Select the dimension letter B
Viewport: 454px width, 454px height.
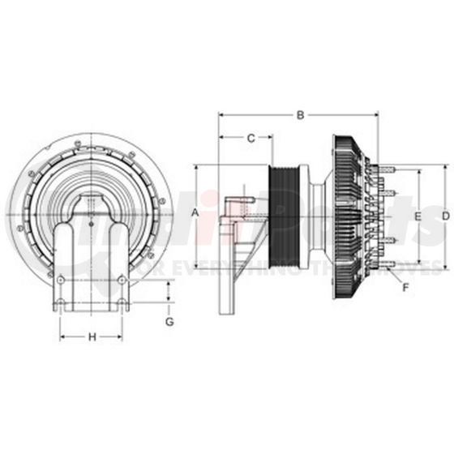(x=300, y=115)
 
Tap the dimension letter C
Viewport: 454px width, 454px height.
(x=251, y=138)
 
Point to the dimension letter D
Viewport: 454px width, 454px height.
(x=445, y=215)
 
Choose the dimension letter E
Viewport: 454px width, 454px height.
(x=418, y=216)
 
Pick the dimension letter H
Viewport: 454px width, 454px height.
(x=92, y=336)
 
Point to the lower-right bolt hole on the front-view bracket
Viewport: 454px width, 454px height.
(x=122, y=280)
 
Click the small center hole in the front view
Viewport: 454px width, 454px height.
(x=91, y=225)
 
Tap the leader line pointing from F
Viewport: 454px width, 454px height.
(x=396, y=276)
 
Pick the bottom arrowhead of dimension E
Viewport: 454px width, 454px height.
(x=418, y=263)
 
